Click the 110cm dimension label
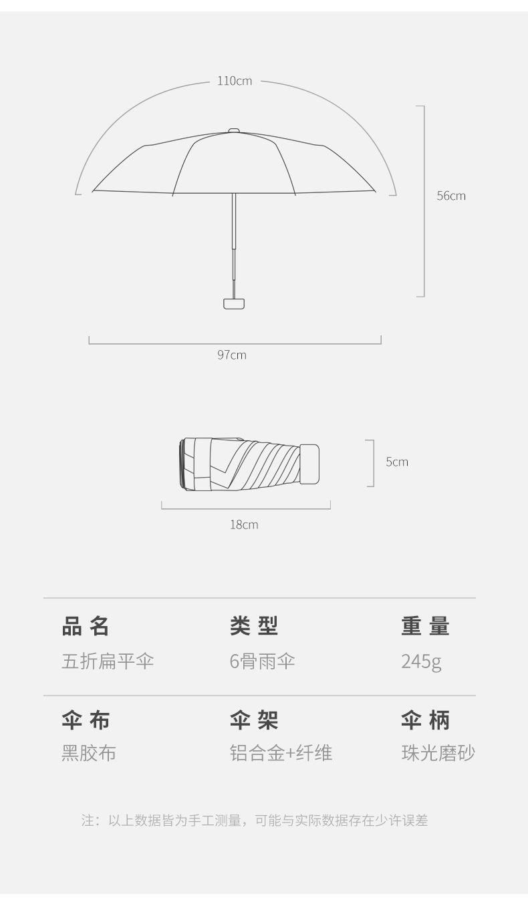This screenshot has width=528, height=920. coord(235,81)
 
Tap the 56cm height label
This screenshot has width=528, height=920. coord(451,196)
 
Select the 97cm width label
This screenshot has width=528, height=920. coord(232,355)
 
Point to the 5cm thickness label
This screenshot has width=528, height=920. coord(397,462)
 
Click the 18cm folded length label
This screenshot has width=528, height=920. coord(244,524)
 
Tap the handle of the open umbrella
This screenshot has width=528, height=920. coord(234,303)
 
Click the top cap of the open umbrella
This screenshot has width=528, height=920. coord(234,130)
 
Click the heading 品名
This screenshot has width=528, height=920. coord(86,627)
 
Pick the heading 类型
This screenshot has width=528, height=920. coord(254,627)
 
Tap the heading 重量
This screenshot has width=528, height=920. coord(426,627)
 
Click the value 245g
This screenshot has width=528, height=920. coord(422,661)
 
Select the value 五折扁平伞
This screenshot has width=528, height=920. coord(108,661)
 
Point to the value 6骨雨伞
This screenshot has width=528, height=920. coord(263,661)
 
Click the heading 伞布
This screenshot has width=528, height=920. coord(86,720)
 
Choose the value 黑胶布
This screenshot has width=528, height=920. coord(89,753)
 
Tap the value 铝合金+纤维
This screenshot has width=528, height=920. coord(281,753)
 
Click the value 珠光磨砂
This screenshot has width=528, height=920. coord(438,753)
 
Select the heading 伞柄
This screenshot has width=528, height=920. coord(426,720)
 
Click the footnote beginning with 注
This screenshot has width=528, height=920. coord(255,820)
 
